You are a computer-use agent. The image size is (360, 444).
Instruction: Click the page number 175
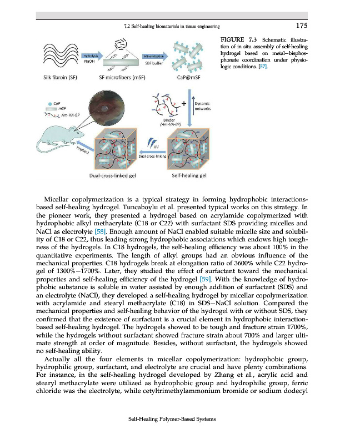[x=300, y=25]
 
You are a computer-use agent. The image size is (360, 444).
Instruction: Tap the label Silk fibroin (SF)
[x=59, y=78]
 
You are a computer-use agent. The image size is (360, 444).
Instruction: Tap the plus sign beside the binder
[x=184, y=102]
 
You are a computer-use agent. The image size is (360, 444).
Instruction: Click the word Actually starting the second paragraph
[x=62, y=360]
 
